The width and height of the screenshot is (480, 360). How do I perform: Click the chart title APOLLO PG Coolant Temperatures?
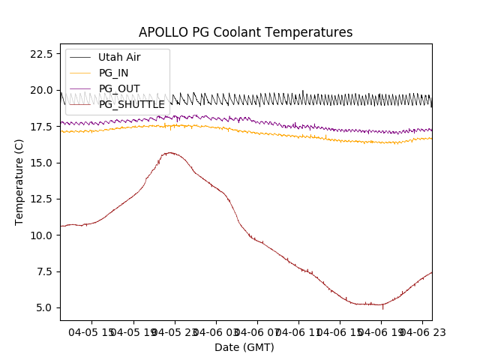click(245, 33)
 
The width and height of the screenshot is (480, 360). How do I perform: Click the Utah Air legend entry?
click(118, 57)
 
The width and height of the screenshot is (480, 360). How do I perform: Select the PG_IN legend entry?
click(113, 73)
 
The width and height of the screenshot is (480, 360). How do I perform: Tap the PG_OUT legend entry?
click(118, 88)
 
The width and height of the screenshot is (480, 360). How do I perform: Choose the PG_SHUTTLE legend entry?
click(131, 104)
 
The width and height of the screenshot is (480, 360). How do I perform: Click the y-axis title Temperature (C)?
click(19, 181)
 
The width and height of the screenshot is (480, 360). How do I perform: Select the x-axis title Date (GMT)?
click(244, 347)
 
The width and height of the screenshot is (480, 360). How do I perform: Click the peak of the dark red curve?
click(170, 152)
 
